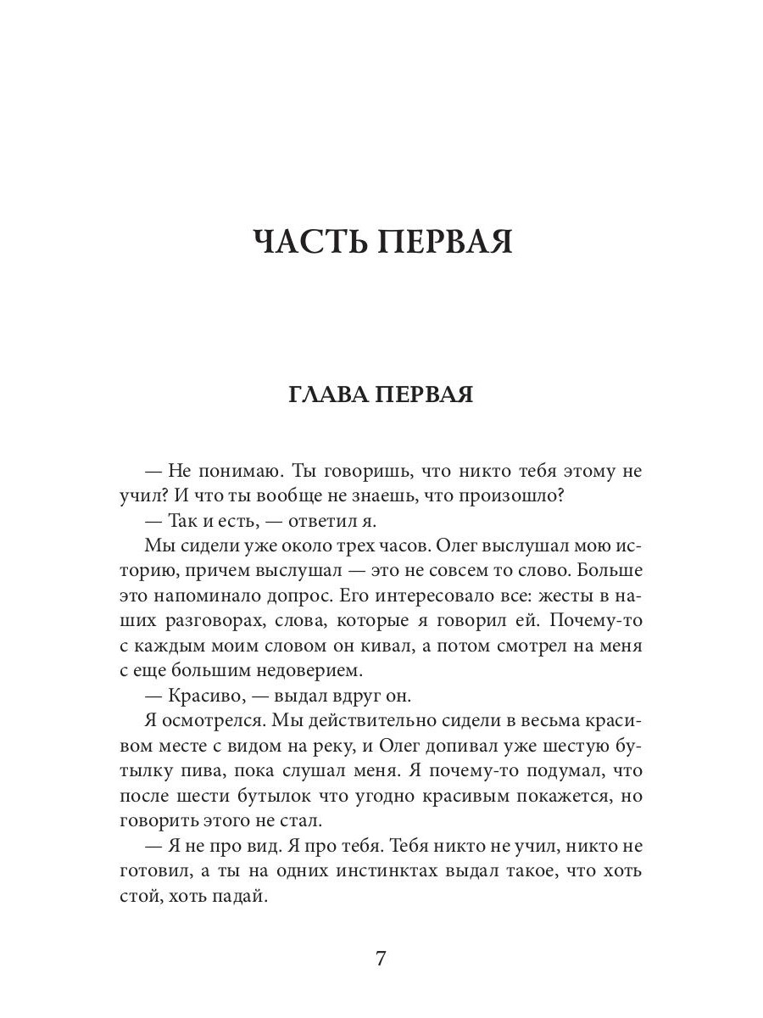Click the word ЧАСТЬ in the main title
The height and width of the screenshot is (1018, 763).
click(x=309, y=242)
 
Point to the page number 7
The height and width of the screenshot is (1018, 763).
click(x=381, y=959)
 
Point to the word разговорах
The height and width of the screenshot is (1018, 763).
click(x=211, y=620)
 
